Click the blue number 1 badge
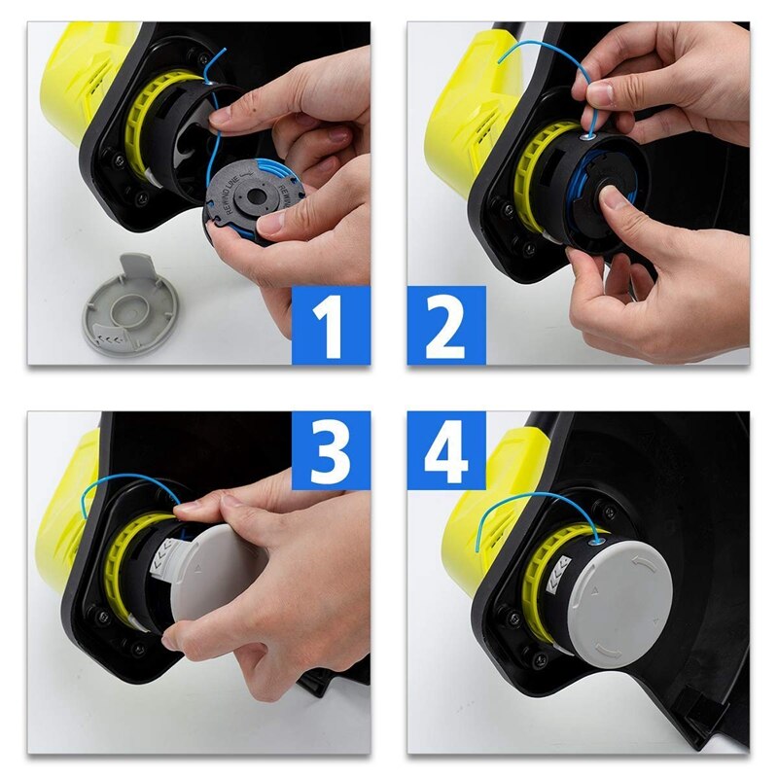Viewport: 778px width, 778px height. tap(331, 325)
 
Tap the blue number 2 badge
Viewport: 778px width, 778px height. tap(446, 325)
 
